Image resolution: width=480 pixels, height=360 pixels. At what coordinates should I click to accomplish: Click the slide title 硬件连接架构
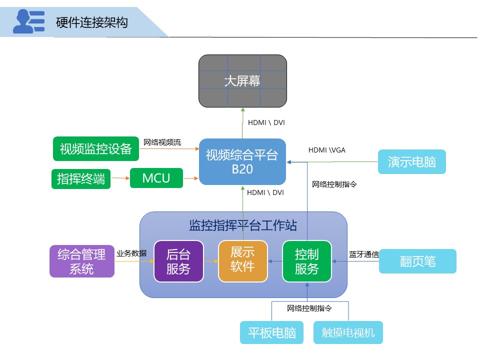pos(92,22)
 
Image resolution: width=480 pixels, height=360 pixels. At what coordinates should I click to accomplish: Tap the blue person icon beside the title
pos(28,22)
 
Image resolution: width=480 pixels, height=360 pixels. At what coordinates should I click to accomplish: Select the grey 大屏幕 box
pos(242,81)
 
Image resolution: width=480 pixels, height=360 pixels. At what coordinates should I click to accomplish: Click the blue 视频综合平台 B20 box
pos(242,161)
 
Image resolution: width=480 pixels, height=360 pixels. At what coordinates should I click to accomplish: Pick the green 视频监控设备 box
pos(95,148)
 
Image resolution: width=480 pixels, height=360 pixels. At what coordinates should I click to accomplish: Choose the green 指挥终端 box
pos(81,179)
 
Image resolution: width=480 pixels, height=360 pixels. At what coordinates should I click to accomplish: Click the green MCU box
pos(156,178)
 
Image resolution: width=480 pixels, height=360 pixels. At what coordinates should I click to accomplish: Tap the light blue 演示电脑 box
pos(412,161)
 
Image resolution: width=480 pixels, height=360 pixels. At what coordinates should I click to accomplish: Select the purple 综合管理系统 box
pos(81,261)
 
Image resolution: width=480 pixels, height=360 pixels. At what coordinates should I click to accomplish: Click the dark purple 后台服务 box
pos(178,261)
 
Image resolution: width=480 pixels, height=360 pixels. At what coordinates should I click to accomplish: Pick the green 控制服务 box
pos(307,261)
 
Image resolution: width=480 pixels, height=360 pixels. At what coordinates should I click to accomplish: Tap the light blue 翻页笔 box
pos(417,261)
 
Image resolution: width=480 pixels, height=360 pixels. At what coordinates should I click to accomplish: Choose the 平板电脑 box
pos(272,332)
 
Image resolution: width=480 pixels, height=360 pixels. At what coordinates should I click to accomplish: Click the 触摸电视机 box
pos(348,332)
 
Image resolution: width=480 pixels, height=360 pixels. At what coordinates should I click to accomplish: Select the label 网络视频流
pos(162,142)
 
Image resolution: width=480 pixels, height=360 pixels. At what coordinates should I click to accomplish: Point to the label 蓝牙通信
pos(363,254)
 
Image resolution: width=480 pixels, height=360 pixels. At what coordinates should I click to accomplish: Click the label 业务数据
pos(131,253)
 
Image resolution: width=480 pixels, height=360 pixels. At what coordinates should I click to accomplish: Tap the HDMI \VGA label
pos(326,149)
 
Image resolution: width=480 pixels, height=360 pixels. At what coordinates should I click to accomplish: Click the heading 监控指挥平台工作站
pos(243,226)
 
